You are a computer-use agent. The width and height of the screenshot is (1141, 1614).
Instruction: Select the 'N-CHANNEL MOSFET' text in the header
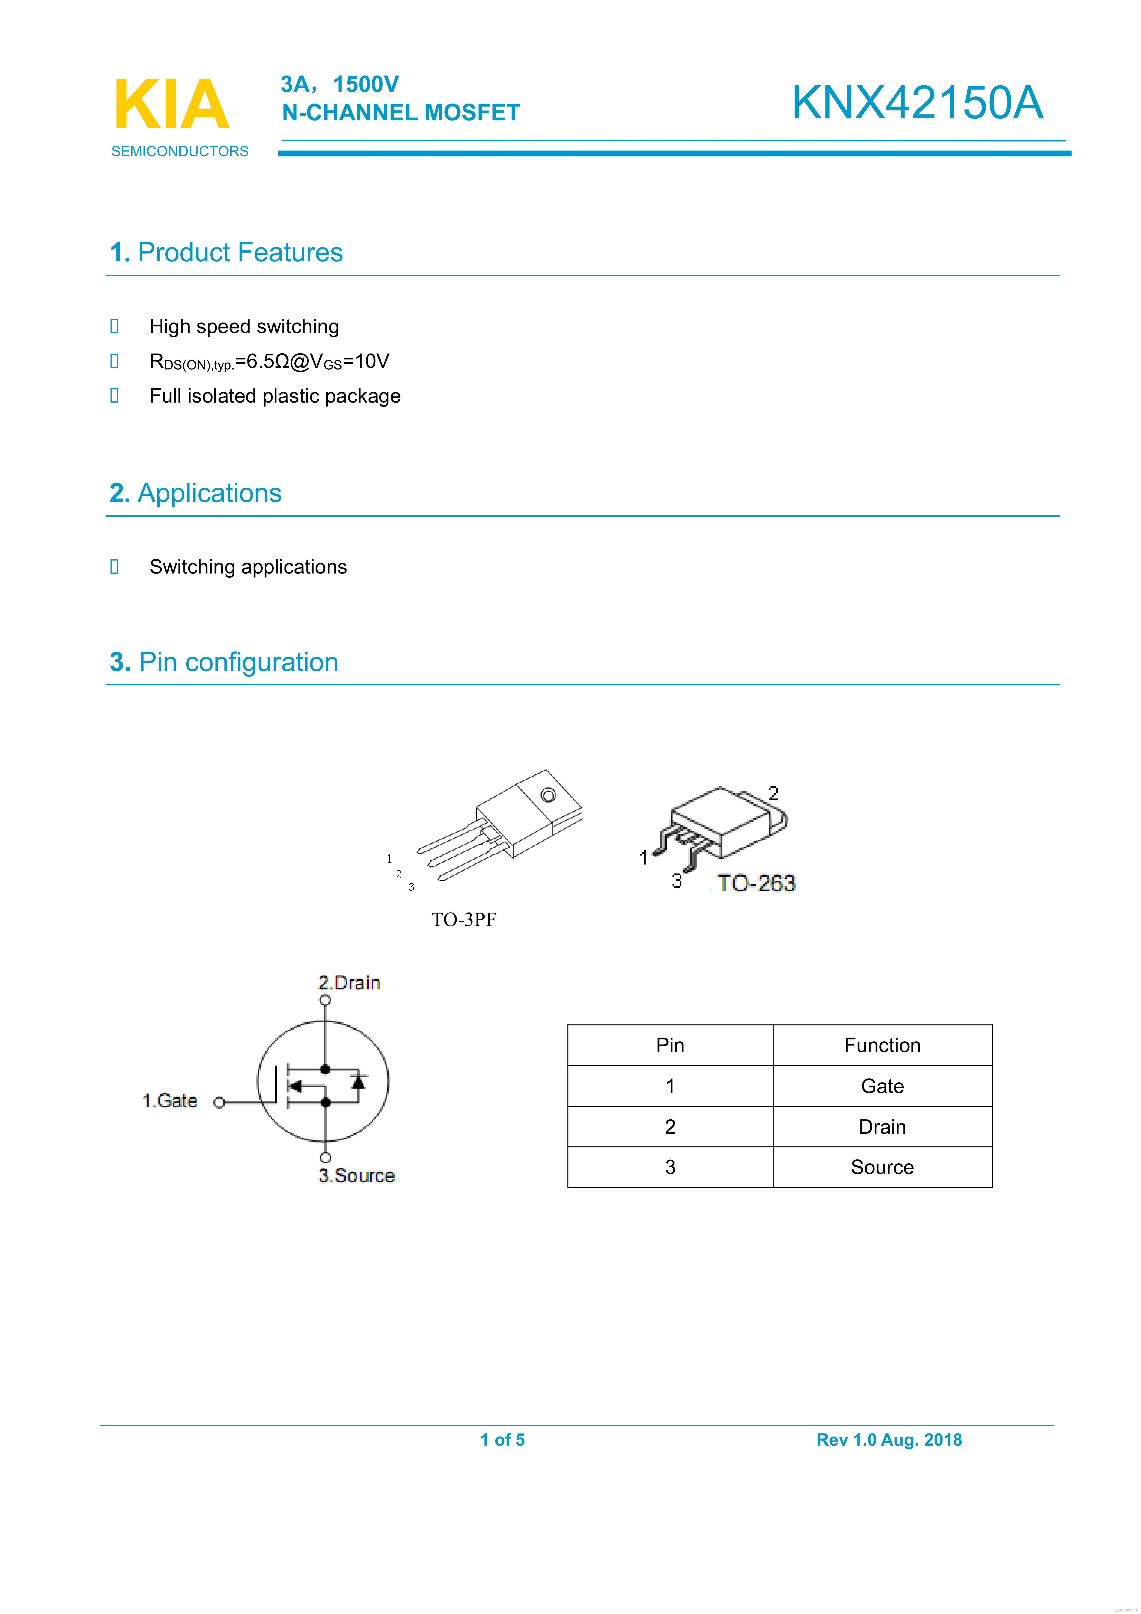(x=401, y=112)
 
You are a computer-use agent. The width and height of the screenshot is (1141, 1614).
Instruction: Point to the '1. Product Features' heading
(x=226, y=252)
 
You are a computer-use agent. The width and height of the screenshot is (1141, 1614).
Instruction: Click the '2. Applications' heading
(x=195, y=493)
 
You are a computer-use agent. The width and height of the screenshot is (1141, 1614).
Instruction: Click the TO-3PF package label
(x=464, y=919)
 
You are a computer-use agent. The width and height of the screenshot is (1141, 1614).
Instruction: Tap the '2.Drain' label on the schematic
(x=349, y=983)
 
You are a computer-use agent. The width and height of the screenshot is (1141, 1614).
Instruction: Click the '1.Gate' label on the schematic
(x=170, y=1101)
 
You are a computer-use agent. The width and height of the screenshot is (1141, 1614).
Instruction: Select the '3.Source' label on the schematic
(x=356, y=1175)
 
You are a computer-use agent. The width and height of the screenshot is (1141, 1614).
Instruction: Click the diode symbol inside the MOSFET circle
(x=359, y=1082)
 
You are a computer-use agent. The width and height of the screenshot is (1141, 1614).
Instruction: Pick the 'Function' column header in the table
(x=882, y=1045)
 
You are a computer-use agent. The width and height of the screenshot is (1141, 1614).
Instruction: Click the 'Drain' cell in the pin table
(x=882, y=1127)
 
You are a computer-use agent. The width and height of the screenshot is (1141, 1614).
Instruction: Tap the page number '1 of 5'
(x=503, y=1440)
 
